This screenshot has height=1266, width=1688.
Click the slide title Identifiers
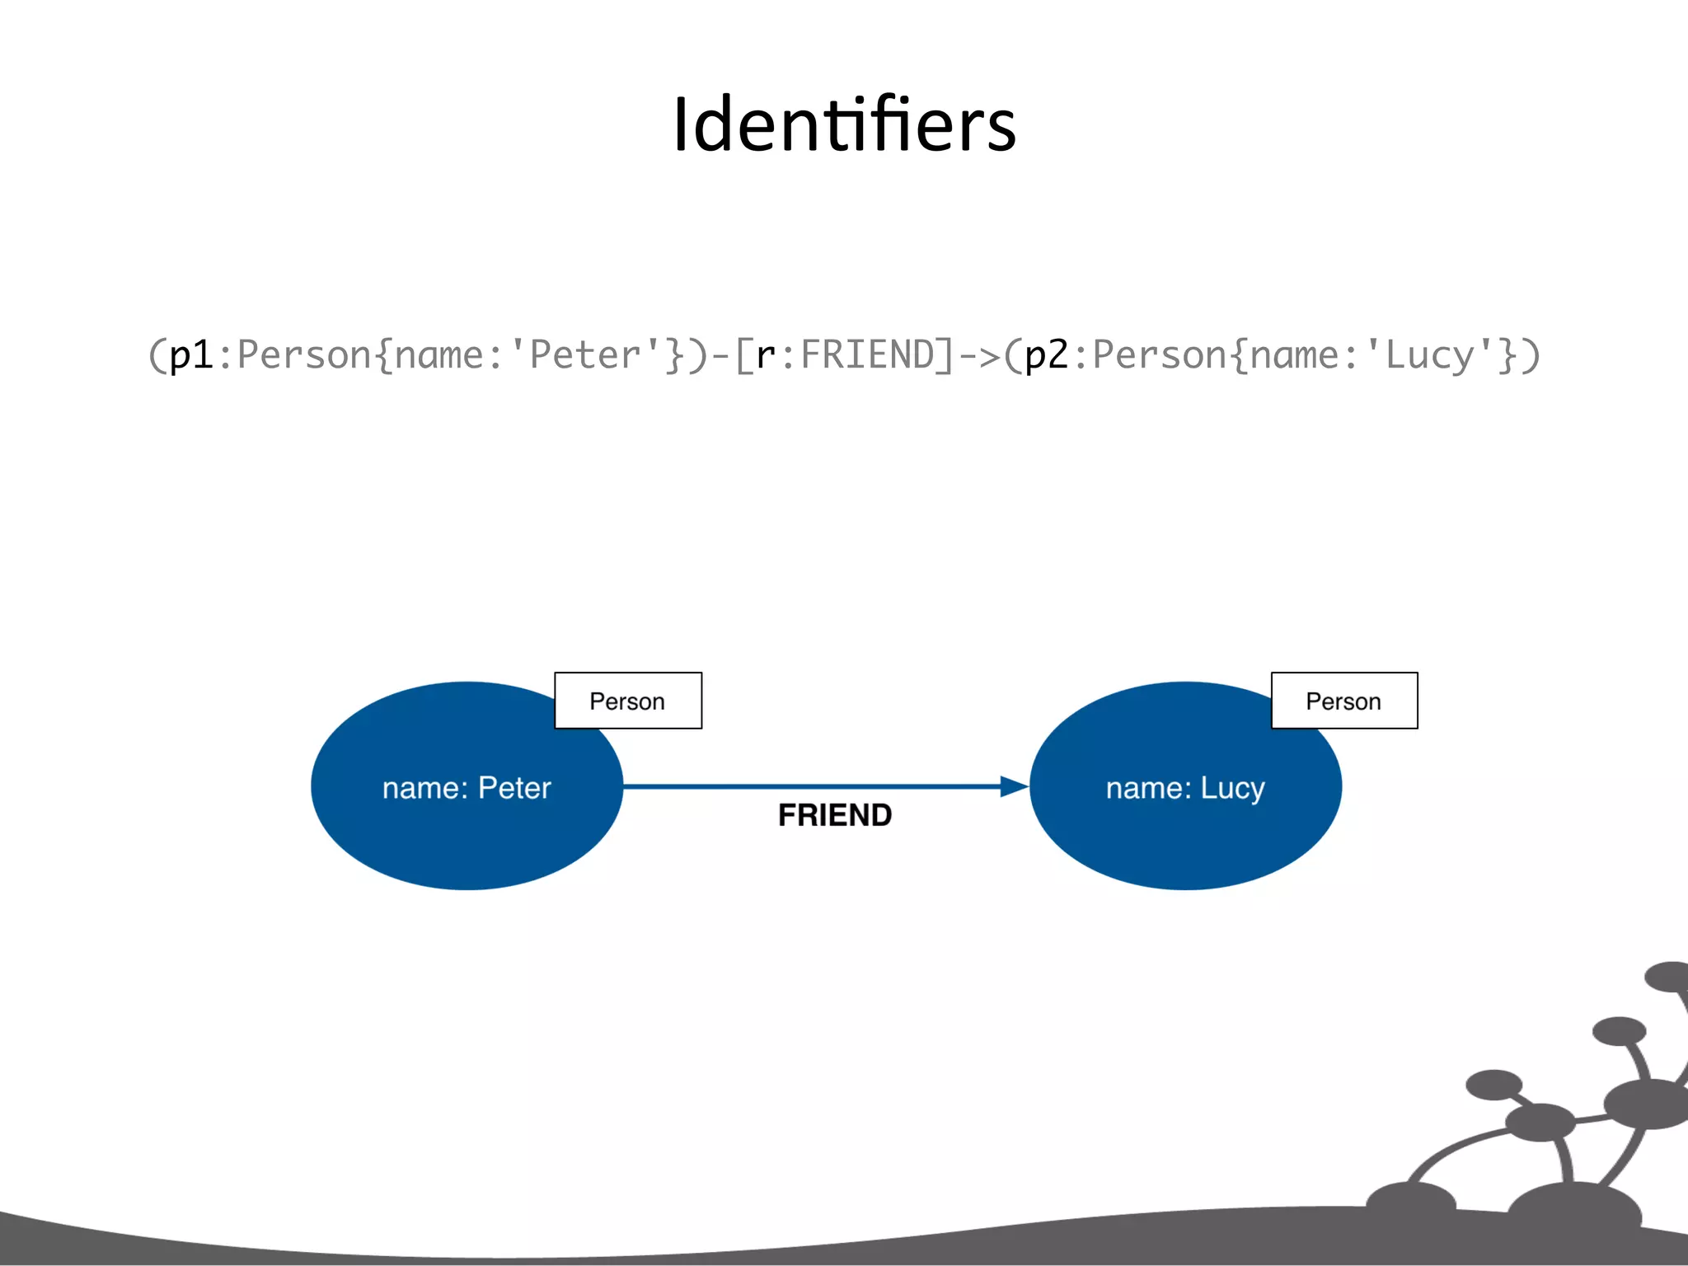(844, 125)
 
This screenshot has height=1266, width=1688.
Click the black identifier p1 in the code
(191, 356)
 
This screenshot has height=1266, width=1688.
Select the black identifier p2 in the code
(1047, 356)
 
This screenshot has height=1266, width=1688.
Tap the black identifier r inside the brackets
(766, 356)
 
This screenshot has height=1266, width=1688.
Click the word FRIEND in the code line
(867, 356)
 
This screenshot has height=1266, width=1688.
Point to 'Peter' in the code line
(584, 356)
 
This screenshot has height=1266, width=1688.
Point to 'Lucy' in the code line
(1429, 356)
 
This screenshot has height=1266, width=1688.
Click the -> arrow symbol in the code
(980, 356)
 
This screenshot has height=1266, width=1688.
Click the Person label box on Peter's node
(628, 701)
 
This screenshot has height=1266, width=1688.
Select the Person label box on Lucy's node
(1344, 701)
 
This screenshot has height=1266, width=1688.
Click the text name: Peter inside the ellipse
(467, 788)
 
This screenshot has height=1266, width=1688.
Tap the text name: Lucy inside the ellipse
(1185, 788)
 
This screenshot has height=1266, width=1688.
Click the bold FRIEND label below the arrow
(835, 815)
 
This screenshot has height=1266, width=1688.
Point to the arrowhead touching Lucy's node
(1014, 786)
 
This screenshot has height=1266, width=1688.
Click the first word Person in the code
(304, 356)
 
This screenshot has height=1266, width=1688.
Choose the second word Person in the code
(1160, 356)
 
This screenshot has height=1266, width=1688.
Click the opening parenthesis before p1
(157, 356)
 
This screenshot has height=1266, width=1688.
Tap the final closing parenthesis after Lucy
(1531, 356)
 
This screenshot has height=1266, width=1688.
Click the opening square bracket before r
(743, 356)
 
